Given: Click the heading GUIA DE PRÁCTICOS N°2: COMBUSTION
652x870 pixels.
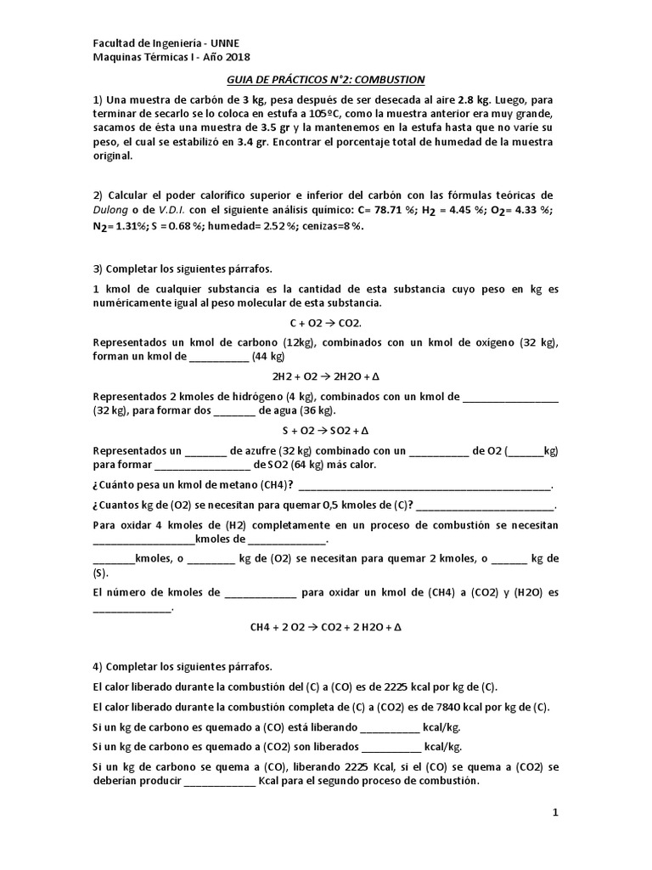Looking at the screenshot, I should pos(325,79).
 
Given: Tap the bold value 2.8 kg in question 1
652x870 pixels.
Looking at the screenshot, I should pos(479,100).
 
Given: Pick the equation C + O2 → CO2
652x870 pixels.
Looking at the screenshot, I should pos(326,324).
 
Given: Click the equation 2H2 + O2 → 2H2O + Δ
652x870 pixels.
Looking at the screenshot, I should pos(325,376).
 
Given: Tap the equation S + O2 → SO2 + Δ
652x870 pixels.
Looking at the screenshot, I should pos(325,429).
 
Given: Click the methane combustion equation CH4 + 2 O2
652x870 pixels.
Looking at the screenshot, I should pos(325,627).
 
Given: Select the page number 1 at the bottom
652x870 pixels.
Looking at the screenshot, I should pos(555,813).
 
